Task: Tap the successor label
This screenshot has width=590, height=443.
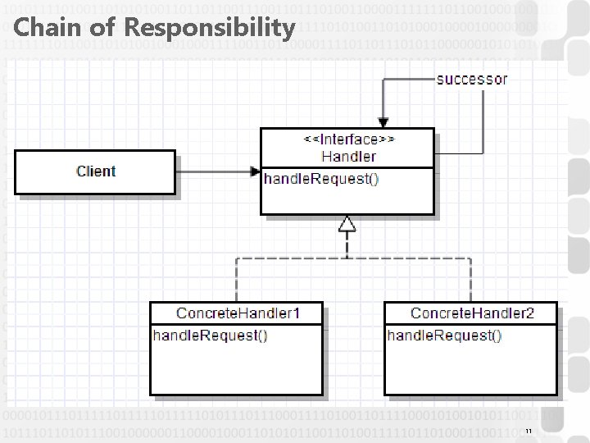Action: (471, 80)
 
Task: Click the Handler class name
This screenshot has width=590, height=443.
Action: (348, 156)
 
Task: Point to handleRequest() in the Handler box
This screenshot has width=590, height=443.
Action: (320, 179)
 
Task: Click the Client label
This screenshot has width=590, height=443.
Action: (96, 171)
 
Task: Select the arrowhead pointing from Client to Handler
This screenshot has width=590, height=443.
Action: (255, 171)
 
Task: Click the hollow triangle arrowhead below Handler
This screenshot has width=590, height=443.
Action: (347, 223)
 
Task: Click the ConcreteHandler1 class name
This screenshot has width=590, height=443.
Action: (238, 313)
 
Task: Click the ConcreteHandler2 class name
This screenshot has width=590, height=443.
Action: (472, 313)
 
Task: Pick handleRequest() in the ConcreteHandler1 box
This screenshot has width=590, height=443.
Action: (210, 335)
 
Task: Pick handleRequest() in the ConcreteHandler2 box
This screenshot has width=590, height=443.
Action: (444, 335)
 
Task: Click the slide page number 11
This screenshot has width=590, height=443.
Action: (529, 432)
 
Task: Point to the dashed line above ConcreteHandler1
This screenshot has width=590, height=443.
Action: (236, 279)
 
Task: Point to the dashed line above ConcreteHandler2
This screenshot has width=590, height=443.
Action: (470, 279)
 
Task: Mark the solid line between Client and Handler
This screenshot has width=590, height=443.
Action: (213, 171)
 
